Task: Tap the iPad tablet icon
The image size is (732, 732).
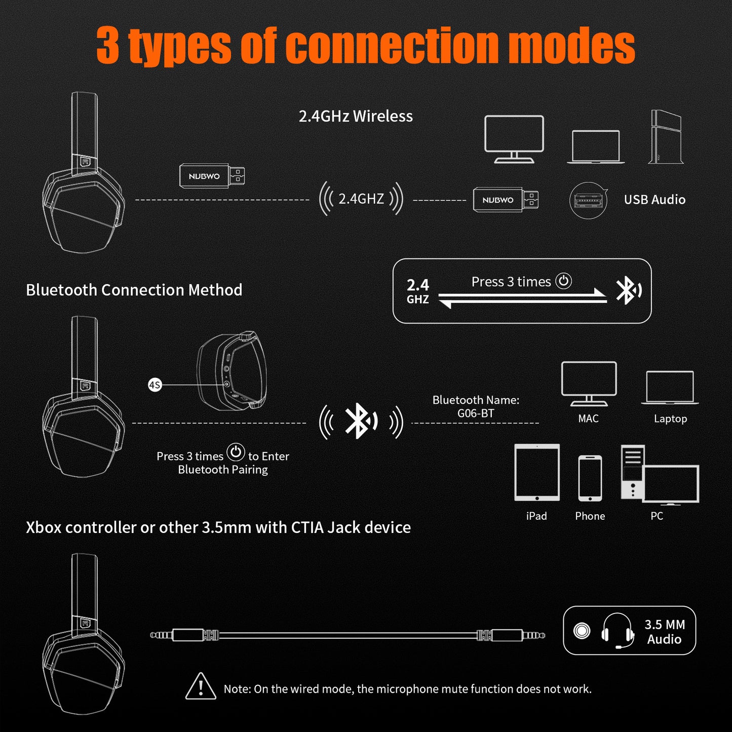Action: (537, 472)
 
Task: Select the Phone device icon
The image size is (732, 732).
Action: (590, 478)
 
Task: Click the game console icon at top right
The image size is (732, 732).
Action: (666, 137)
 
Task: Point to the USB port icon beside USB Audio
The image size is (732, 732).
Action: (588, 201)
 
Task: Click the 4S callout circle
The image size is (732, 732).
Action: (155, 385)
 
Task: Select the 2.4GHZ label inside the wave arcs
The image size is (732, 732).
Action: (361, 199)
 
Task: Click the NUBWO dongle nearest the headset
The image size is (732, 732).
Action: (212, 176)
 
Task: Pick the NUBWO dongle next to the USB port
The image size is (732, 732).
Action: (505, 200)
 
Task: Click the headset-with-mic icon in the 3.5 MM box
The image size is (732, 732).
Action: (618, 631)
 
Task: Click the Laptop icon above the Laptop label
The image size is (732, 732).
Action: (670, 388)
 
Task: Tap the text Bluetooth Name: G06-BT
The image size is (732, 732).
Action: (476, 407)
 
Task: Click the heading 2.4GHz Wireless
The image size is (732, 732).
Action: (356, 117)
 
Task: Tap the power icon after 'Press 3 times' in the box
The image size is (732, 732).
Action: (563, 281)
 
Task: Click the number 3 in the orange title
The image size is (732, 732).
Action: (108, 46)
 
